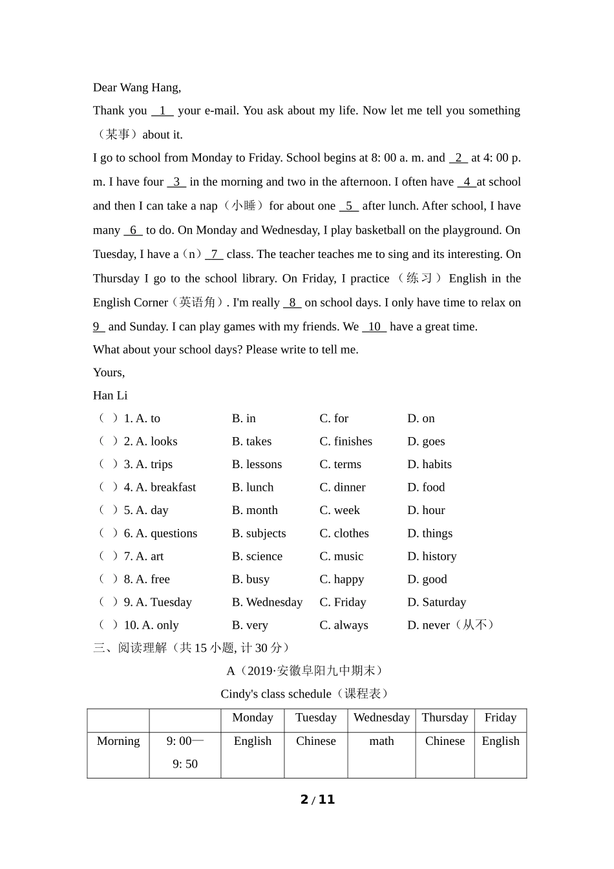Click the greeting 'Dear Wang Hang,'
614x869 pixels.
pos(137,88)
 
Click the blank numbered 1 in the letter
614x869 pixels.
pos(162,111)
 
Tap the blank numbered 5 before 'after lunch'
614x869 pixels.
pos(348,206)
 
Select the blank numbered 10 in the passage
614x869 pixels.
pos(374,327)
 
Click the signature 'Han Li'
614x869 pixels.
pos(111,396)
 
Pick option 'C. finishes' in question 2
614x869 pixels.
pos(346,442)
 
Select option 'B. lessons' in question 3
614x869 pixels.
pos(257,465)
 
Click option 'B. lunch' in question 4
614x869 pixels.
pos(253,488)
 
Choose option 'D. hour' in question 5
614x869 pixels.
pos(426,511)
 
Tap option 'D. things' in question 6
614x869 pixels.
pos(430,533)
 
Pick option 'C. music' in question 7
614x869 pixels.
pos(341,557)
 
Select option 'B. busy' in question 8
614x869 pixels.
pos(251,579)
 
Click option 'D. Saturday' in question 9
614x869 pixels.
pos(436,603)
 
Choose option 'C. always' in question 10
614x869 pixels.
pos(344,625)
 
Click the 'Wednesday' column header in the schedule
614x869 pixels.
pos(381,718)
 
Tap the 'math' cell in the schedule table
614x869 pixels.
pos(381,741)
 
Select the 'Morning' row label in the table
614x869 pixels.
pos(118,741)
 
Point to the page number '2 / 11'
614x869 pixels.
pos(318,800)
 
